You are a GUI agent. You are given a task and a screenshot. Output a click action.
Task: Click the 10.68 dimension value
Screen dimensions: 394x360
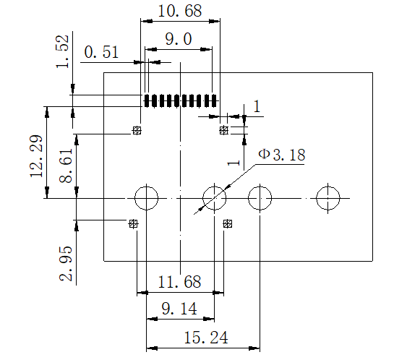point(180,11)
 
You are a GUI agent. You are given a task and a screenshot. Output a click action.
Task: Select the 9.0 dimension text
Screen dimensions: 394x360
point(179,39)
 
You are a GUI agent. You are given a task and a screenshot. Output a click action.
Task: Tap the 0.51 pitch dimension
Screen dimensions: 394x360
point(101,52)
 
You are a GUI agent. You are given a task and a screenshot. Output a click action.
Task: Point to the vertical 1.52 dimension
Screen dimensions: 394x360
point(62,52)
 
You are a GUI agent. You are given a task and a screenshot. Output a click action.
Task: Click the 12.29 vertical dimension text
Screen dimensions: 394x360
point(36,156)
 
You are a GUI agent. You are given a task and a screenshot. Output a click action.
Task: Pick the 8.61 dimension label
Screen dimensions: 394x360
point(66,166)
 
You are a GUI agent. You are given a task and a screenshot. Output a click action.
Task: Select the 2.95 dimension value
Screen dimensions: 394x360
point(66,264)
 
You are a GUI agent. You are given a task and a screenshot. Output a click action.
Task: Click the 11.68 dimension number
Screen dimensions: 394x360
point(179,282)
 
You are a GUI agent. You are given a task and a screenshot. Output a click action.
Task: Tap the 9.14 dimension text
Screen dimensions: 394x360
point(179,309)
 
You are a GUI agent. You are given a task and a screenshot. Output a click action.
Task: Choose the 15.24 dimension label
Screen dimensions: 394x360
point(206,338)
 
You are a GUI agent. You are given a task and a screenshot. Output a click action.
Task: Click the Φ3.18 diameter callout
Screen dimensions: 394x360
point(282,154)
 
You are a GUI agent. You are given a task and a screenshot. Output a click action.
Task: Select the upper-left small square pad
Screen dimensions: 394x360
point(137,130)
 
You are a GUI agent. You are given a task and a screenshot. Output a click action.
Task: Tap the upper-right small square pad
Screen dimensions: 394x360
point(224,130)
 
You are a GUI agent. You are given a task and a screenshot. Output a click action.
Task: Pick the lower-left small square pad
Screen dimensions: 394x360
point(134,223)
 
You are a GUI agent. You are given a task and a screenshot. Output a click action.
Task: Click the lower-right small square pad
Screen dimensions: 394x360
point(228,223)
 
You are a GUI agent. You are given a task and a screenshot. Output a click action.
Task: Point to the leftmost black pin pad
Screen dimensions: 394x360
point(147,100)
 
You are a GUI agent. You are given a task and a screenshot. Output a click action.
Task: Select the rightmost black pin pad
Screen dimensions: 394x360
point(214,100)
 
